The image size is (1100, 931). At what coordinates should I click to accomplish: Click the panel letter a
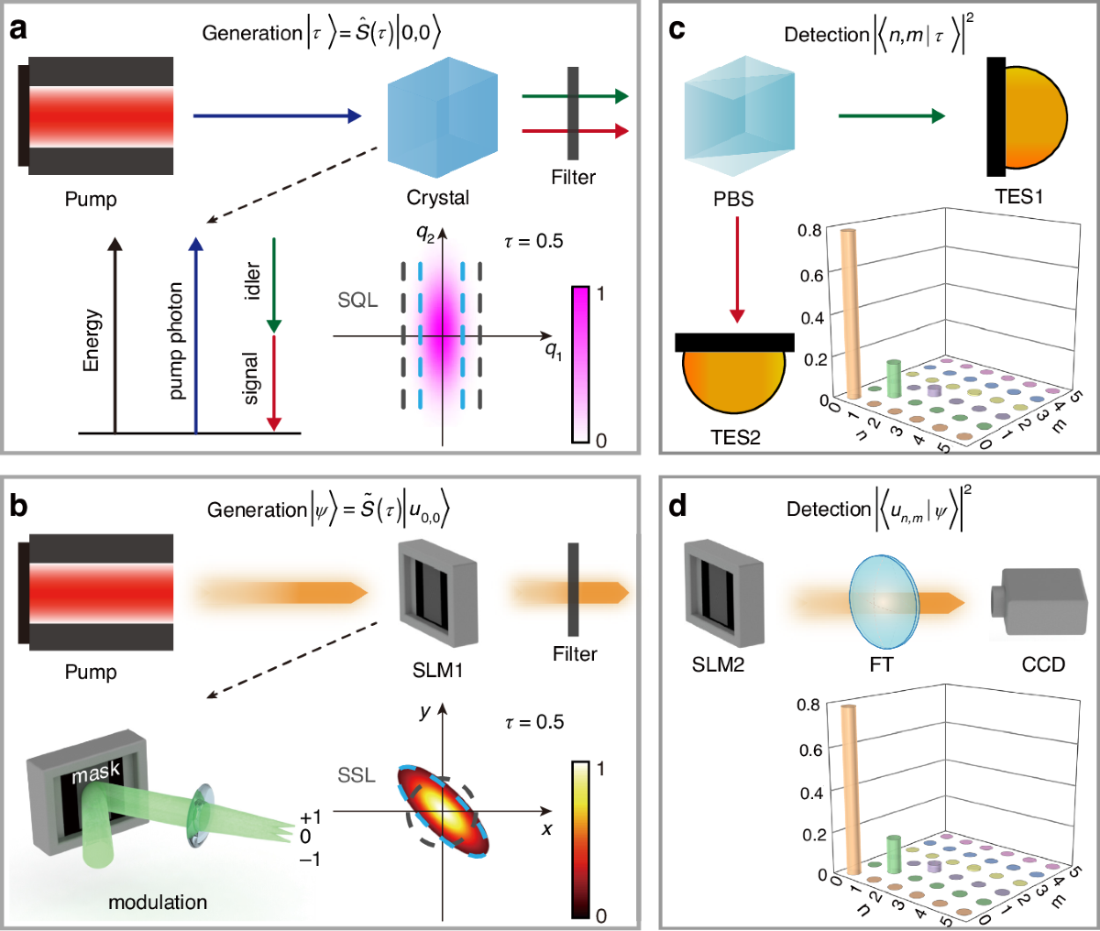(18, 28)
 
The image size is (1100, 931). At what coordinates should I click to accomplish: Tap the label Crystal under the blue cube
(437, 198)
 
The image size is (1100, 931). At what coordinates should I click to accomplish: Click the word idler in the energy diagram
(253, 280)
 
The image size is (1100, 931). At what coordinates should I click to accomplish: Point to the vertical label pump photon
(176, 340)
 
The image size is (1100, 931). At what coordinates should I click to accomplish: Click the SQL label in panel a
(357, 301)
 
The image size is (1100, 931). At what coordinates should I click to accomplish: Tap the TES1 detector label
(1019, 197)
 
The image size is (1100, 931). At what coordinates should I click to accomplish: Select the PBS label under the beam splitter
(733, 198)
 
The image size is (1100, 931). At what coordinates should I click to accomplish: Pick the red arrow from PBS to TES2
(736, 276)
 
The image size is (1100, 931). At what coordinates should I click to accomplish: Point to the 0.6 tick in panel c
(809, 276)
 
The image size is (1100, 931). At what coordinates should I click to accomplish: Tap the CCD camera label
(1043, 663)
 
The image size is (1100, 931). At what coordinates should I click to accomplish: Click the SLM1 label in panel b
(437, 671)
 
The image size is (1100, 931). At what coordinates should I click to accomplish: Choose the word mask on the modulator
(96, 772)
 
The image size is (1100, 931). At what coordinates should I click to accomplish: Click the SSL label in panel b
(357, 776)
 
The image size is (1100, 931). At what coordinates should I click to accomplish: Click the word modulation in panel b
(158, 903)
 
